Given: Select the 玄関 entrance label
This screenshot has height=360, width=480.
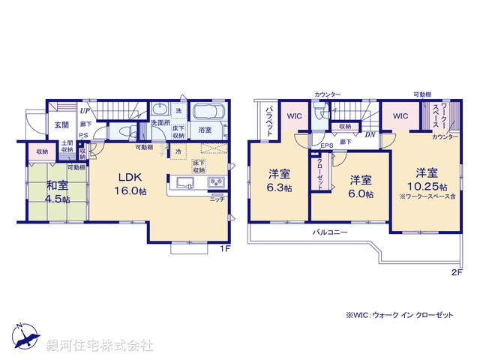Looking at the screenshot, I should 61,125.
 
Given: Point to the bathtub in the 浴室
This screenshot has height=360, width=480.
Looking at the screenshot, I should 205,115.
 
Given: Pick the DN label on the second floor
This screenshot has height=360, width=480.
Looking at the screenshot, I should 370,136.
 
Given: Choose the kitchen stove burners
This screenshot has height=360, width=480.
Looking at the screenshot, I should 214,182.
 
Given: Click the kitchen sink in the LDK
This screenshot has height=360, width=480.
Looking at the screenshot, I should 184,183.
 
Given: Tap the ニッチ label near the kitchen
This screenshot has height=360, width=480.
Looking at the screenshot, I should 217,199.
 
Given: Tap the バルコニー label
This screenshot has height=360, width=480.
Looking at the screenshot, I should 330,232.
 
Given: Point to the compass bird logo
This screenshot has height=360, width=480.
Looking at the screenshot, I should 25,337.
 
